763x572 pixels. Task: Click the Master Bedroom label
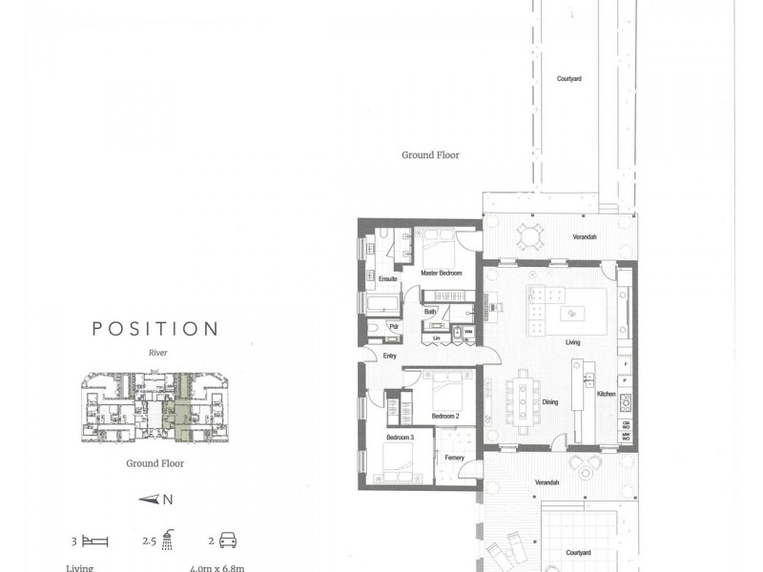pos(441,274)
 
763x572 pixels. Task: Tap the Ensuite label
pos(387,279)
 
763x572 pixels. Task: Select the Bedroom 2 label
pos(445,417)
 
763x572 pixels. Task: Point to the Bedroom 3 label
pos(399,438)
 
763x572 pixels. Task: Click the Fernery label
pos(455,459)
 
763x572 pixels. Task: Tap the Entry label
pos(389,356)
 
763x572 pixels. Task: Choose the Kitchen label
pos(606,394)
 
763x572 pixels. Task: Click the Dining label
pos(550,402)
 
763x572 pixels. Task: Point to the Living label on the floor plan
pos(573,342)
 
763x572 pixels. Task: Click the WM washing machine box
pos(468,332)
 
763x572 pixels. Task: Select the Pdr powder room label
pos(393,326)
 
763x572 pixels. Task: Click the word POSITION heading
pos(155,329)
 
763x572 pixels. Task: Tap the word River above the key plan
pos(157,352)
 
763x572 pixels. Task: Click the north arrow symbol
pos(149,499)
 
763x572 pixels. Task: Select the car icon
pos(228,541)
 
